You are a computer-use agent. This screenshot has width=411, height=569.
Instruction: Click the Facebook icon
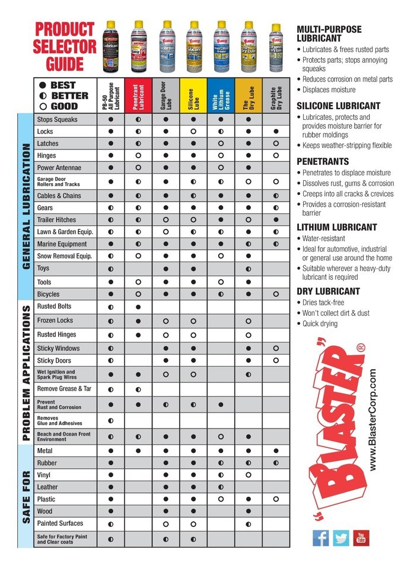321,538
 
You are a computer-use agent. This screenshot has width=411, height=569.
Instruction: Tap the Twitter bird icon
341,538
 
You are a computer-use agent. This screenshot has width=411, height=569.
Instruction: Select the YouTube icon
361,538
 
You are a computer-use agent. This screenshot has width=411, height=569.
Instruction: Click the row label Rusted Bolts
54,306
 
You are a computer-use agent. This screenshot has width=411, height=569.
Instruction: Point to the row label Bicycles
48,294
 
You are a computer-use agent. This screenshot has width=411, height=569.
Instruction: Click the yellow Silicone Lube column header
193,95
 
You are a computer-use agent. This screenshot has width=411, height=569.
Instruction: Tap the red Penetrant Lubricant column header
138,95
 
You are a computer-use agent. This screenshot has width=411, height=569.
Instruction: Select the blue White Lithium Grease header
221,95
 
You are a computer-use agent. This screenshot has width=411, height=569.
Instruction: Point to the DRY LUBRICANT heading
328,291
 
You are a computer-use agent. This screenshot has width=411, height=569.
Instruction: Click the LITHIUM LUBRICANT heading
336,227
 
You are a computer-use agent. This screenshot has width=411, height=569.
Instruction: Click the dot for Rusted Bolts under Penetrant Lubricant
138,307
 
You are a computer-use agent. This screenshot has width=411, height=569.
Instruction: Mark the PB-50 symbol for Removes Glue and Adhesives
111,420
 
